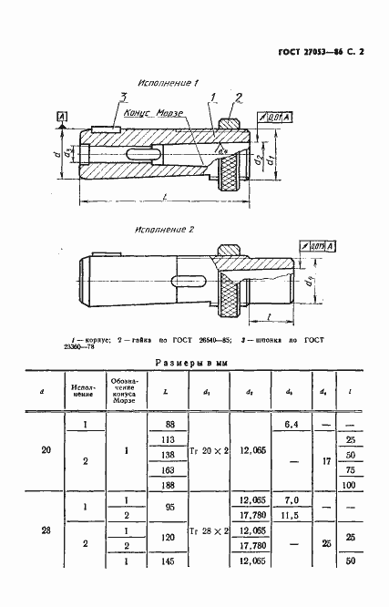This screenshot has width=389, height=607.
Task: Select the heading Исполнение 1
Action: tap(169, 84)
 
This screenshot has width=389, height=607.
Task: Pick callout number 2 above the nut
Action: tap(238, 98)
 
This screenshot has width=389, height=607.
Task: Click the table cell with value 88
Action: tap(168, 425)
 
